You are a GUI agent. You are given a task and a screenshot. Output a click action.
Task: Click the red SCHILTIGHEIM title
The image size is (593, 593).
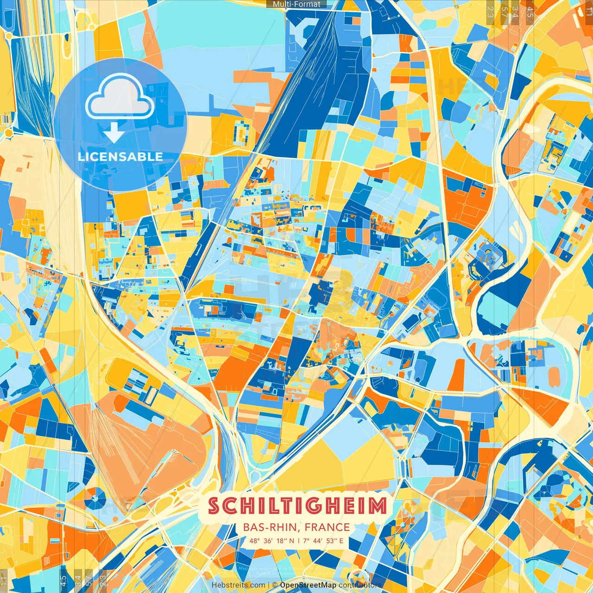(x=297, y=506)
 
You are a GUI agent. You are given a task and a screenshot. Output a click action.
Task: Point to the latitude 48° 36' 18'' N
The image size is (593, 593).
(x=271, y=541)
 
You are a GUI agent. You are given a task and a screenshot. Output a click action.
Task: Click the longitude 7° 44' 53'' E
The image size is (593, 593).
(x=323, y=541)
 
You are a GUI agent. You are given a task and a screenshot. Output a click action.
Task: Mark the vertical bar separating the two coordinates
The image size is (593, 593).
(x=298, y=541)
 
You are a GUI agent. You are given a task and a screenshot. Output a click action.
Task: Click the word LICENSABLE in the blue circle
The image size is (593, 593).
(x=120, y=157)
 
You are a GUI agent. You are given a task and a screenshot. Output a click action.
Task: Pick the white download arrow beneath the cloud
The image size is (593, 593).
(x=114, y=132)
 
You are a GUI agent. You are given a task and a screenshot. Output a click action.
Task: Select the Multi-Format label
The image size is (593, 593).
(x=296, y=4)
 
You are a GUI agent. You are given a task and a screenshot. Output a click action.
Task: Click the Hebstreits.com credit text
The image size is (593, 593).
(x=238, y=585)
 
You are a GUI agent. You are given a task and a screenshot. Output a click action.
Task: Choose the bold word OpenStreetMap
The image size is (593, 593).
(x=308, y=585)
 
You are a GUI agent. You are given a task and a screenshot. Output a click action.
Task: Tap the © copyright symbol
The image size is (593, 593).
(x=275, y=585)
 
